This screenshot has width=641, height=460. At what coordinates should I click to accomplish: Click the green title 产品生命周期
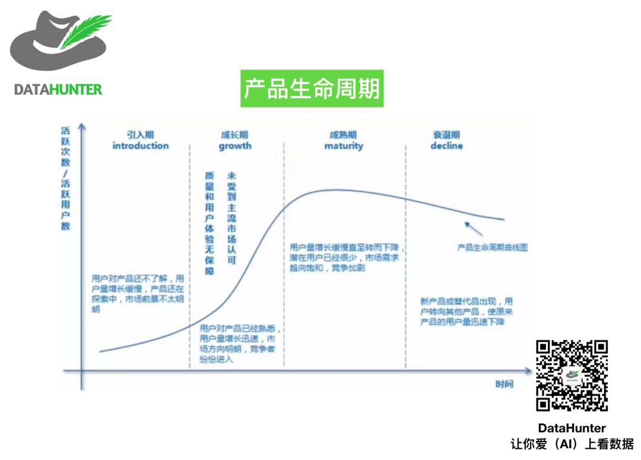click(312, 89)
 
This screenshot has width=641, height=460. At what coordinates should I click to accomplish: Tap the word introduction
click(141, 146)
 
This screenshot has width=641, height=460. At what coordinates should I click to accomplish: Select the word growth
click(235, 146)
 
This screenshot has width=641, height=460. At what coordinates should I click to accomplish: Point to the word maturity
click(344, 146)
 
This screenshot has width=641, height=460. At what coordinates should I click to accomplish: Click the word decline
click(446, 146)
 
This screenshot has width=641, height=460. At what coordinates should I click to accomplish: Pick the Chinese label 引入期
click(141, 135)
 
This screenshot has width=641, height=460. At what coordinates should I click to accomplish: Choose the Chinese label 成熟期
click(344, 135)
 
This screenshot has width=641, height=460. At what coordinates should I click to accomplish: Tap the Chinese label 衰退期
click(446, 135)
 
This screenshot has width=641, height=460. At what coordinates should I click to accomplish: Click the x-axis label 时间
click(504, 384)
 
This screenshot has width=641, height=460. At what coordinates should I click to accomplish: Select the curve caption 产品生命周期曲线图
click(492, 248)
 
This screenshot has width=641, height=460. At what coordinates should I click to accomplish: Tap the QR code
click(572, 376)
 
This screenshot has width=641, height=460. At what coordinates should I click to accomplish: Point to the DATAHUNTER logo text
click(58, 90)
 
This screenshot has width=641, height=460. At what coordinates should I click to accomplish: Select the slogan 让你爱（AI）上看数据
click(572, 443)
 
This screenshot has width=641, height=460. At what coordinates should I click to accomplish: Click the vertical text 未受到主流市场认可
click(231, 218)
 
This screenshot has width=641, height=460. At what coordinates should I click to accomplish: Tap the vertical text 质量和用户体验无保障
click(209, 224)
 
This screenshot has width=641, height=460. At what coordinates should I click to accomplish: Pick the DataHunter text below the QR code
click(572, 428)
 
